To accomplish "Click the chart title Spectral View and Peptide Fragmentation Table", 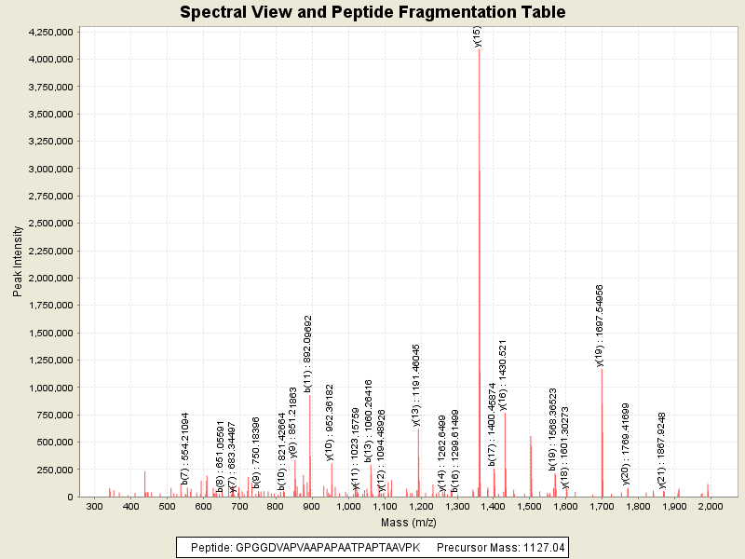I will pyautogui.click(x=372, y=13).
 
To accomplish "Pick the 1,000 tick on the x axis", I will pyautogui.click(x=348, y=507).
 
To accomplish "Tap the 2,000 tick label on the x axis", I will pyautogui.click(x=711, y=507).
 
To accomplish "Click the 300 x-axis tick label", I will pyautogui.click(x=94, y=507).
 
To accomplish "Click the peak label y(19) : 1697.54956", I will pyautogui.click(x=601, y=325).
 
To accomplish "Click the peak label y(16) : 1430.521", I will pyautogui.click(x=503, y=375).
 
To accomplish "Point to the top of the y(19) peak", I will pyautogui.click(x=602, y=369).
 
